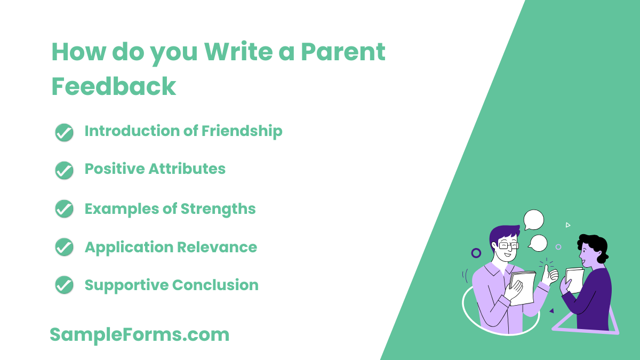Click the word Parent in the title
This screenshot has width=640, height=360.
[x=342, y=53]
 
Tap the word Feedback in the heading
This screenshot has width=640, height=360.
[x=114, y=86]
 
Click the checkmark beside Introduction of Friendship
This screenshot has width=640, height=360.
[x=64, y=132]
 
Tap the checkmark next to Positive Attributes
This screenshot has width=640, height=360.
[x=64, y=170]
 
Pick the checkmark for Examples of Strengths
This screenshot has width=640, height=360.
[x=64, y=209]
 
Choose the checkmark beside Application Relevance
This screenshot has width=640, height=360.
[x=64, y=247]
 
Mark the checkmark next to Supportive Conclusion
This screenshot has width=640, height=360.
[x=64, y=285]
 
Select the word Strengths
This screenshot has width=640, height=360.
[x=218, y=209]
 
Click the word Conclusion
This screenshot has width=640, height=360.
[x=215, y=285]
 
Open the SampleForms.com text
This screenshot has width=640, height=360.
[x=140, y=335]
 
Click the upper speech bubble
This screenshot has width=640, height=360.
[x=533, y=220]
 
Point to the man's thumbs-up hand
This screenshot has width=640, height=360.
[x=549, y=274]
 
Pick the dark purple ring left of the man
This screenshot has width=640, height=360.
[x=476, y=253]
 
